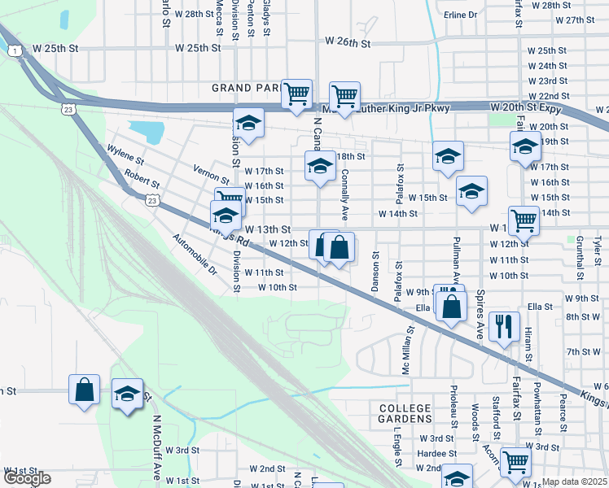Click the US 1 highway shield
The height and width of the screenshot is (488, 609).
point(15,51)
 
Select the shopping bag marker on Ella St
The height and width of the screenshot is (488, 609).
point(451,307)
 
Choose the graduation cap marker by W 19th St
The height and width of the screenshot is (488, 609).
point(525,147)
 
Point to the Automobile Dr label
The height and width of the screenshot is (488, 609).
point(195,254)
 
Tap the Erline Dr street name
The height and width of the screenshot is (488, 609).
point(460,15)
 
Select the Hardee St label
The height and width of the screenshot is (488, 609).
point(435,453)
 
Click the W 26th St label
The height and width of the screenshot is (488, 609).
point(348,41)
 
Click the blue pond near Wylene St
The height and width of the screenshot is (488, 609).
point(147,130)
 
